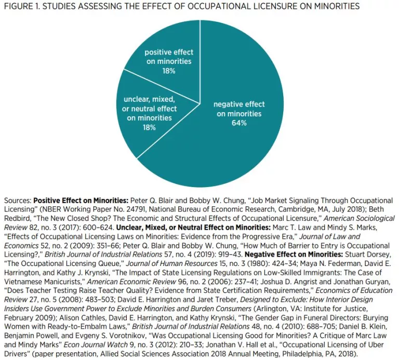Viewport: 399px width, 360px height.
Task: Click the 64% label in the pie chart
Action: pos(239,123)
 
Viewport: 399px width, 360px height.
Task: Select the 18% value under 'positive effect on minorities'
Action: pos(168,71)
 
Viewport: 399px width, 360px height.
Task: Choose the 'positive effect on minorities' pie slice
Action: pos(171,47)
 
